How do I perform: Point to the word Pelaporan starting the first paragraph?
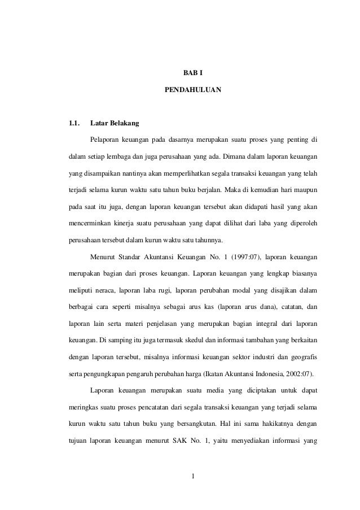click(105, 138)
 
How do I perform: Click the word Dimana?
click(234, 155)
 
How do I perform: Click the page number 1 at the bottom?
click(193, 482)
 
